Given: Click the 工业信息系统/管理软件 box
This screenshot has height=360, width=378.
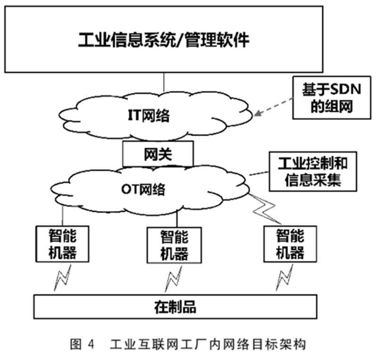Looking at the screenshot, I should [164, 40].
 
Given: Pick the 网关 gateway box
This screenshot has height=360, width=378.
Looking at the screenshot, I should [157, 154].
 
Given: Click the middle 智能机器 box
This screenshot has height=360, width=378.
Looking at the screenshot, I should [174, 245].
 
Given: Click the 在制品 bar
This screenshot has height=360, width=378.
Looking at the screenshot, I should [175, 307].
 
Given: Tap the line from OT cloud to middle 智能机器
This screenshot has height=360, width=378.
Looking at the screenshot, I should [177, 218].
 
